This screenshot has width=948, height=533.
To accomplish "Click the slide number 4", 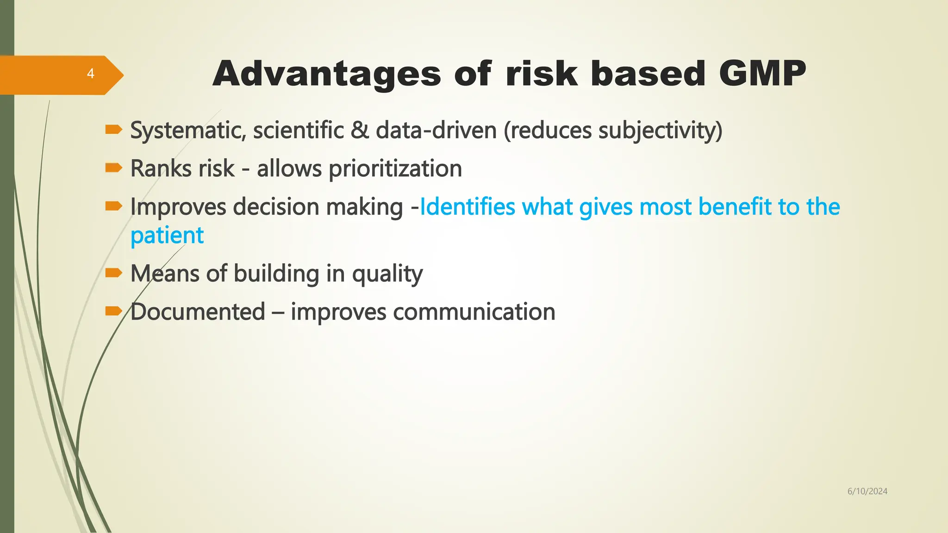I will [91, 74].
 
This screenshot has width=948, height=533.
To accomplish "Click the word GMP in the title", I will [762, 74].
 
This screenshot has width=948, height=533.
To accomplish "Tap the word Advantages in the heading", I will [326, 74].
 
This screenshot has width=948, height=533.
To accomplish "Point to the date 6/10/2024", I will [867, 491].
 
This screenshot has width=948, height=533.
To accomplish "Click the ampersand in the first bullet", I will [360, 130].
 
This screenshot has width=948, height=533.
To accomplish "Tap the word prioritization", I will [395, 168].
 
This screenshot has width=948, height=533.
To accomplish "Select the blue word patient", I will [167, 236].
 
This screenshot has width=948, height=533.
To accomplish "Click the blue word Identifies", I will [467, 207].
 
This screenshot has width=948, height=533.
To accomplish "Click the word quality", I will [387, 273].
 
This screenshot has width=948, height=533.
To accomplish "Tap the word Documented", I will [198, 312].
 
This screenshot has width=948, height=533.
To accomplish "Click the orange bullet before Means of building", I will [113, 273].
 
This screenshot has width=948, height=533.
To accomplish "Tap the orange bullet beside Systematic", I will [113, 130].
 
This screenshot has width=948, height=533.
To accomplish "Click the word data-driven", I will [436, 130].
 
